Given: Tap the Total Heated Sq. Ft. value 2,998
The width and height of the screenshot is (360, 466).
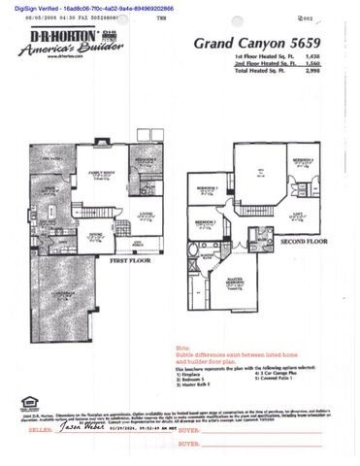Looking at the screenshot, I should (313, 74).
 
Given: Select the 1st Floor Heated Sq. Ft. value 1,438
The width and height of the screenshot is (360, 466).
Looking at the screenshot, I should (313, 58).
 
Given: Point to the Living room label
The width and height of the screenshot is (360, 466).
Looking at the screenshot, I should (146, 213).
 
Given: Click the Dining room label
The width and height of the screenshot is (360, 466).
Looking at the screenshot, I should (97, 233).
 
